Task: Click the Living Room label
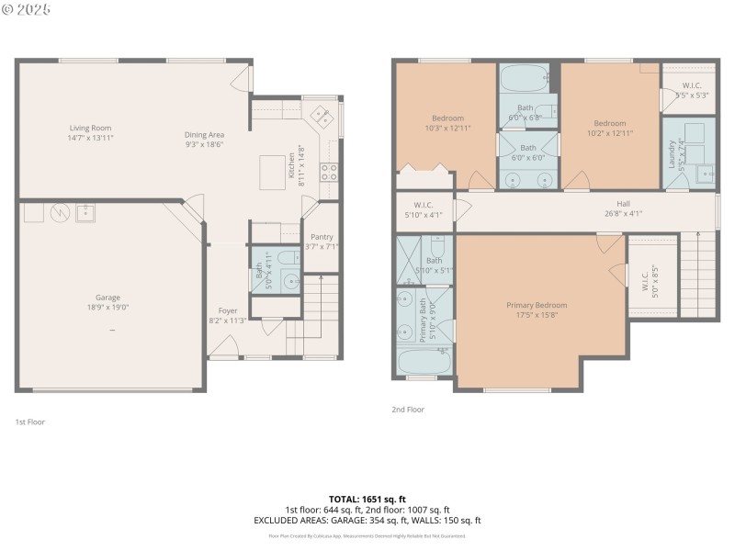[90, 128]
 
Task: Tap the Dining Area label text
[204, 134]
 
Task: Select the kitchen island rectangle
[272, 170]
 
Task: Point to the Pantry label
[322, 237]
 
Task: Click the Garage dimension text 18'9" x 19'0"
[107, 308]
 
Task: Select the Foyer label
[228, 310]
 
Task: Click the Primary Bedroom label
[537, 305]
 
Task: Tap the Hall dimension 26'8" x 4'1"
[623, 213]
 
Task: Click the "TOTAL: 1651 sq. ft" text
[367, 499]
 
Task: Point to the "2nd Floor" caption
[408, 410]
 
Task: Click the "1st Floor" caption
[30, 422]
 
